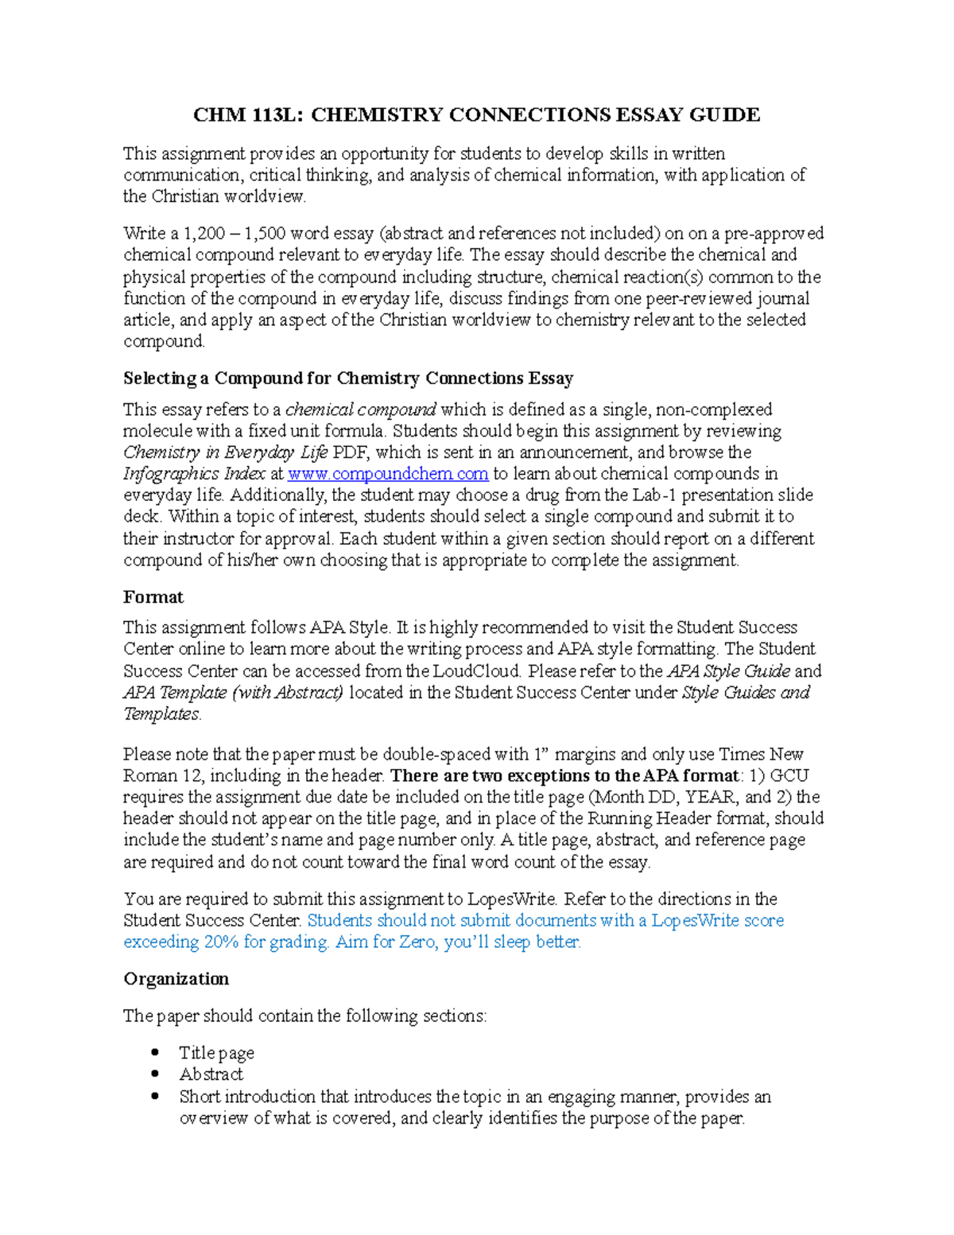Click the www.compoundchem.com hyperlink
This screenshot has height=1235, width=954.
point(388,474)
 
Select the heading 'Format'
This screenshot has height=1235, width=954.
point(153,597)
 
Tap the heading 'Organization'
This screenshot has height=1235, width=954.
point(176,979)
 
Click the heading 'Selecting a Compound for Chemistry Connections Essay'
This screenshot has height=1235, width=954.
point(348,379)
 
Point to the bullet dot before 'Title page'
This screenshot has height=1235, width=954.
point(155,1053)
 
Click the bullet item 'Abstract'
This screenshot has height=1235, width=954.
point(211,1074)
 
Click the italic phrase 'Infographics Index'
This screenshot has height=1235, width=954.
point(194,474)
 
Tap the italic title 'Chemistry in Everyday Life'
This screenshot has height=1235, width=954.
point(225,452)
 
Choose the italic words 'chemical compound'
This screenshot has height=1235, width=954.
point(360,410)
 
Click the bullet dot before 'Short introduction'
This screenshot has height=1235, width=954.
point(155,1096)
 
